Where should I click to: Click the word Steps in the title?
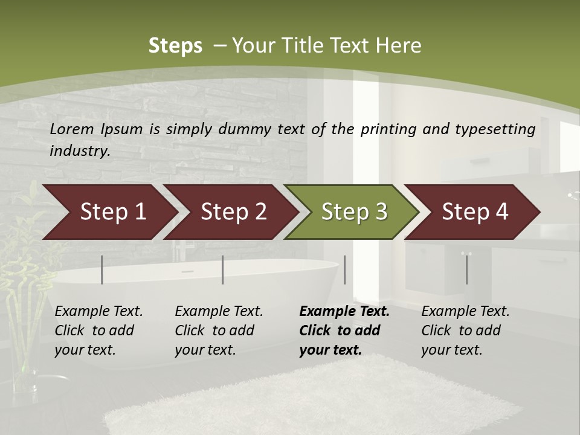coord(175,46)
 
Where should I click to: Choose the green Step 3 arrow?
coord(354,212)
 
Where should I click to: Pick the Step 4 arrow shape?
coord(475,212)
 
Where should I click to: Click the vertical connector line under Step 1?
coord(102,269)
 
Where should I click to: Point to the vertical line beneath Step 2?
coord(223,269)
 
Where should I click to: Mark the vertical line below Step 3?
coord(345,269)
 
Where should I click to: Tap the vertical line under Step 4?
coord(467,269)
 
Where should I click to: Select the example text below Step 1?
coord(98,330)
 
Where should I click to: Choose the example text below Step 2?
coord(219,330)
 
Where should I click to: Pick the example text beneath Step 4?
coord(465,330)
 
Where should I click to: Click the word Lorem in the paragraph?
coord(72,129)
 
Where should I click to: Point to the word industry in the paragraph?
coord(80,150)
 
